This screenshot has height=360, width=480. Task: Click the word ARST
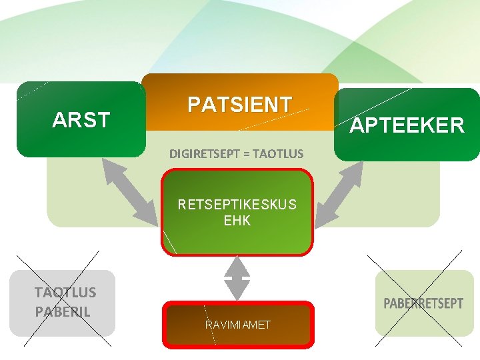(x=81, y=121)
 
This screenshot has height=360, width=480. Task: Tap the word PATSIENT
(x=239, y=105)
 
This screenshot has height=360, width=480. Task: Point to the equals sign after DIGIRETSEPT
(x=247, y=154)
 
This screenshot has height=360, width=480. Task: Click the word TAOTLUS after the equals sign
(x=278, y=154)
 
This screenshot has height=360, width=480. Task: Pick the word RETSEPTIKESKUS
(x=237, y=204)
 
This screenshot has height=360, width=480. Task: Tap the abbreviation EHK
(x=237, y=220)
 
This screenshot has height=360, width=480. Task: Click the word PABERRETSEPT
(x=423, y=303)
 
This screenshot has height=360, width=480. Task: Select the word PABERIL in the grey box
(x=63, y=311)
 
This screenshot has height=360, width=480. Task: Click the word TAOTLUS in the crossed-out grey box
(x=65, y=292)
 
